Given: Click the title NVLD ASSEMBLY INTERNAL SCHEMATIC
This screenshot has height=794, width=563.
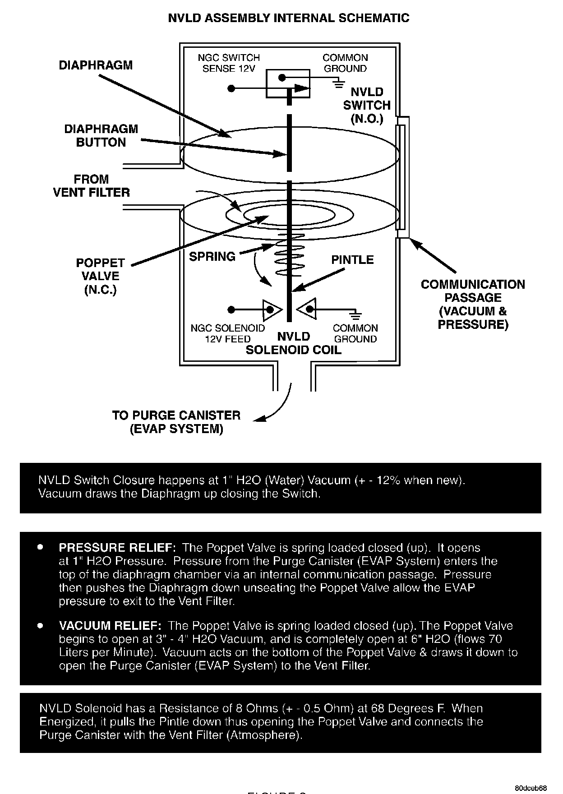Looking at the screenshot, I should click(288, 18).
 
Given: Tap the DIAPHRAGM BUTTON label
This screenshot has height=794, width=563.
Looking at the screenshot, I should click(101, 136).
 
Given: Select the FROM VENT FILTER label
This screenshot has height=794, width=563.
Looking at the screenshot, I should click(91, 186).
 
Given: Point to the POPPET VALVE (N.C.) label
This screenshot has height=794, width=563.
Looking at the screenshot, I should click(100, 276).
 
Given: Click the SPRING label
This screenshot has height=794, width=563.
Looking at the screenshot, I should click(212, 257).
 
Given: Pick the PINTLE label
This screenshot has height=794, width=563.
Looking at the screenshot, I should click(352, 260).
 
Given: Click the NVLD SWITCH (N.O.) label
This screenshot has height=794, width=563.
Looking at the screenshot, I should click(367, 106).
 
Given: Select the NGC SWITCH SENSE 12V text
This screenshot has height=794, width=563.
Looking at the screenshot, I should click(229, 63).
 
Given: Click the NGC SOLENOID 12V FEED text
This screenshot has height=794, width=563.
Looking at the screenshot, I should click(227, 333).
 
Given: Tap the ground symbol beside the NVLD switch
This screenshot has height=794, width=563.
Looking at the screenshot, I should click(338, 83).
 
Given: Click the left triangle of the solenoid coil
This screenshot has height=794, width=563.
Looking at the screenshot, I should click(272, 309).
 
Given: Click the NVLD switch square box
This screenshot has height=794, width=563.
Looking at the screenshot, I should click(288, 83).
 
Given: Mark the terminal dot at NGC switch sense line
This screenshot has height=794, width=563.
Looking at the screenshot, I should click(231, 88).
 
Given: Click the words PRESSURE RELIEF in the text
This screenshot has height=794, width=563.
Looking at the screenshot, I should click(117, 548).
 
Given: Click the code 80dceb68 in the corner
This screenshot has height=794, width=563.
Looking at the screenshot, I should click(531, 776).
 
